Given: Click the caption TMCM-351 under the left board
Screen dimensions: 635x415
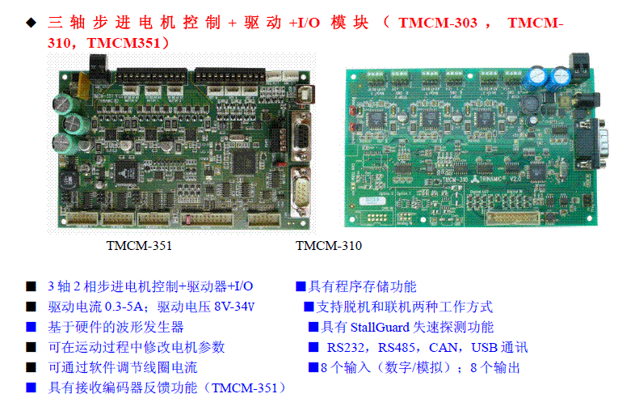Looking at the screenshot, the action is pyautogui.click(x=139, y=245).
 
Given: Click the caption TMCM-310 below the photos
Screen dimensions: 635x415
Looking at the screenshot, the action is pyautogui.click(x=329, y=245).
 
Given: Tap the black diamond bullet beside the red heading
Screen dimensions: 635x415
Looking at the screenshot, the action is pyautogui.click(x=32, y=23).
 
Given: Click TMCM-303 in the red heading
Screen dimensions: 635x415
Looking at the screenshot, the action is pyautogui.click(x=438, y=23).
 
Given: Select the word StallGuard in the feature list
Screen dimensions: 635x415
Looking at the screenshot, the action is pyautogui.click(x=380, y=327).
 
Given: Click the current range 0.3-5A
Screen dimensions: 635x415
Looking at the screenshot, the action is pyautogui.click(x=124, y=307).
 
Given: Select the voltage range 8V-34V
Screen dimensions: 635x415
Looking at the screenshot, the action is pyautogui.click(x=234, y=307).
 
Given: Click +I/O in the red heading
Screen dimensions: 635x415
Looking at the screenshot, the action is pyautogui.click(x=304, y=23).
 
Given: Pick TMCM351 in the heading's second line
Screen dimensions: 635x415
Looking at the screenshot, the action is pyautogui.click(x=124, y=43).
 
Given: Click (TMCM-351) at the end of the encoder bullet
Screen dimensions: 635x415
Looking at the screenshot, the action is pyautogui.click(x=245, y=387).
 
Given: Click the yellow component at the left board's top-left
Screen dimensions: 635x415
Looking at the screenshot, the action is pyautogui.click(x=83, y=86).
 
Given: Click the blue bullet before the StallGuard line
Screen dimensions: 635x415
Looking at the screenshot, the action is pyautogui.click(x=313, y=327).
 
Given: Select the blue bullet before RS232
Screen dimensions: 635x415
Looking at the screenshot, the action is pyautogui.click(x=313, y=347).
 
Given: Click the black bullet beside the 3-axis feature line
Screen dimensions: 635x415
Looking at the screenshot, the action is pyautogui.click(x=32, y=286).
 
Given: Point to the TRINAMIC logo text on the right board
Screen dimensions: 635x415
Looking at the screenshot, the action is pyautogui.click(x=493, y=179).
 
